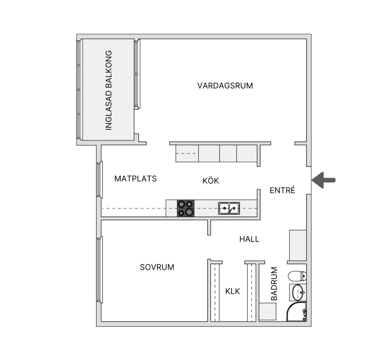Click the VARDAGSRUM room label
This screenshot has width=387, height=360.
pos(225,86)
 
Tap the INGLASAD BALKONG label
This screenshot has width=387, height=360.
pos(109,90)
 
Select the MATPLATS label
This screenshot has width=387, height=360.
pos(135,178)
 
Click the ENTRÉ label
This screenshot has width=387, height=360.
pos(282,190)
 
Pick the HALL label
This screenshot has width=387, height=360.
pos(249,239)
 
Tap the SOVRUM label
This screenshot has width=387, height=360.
pos(157,267)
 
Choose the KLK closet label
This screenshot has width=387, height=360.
pos(232,291)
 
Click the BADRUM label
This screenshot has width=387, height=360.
pos(274,284)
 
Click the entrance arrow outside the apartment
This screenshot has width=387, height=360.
pos(324,180)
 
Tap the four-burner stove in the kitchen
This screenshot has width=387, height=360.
pos(186,208)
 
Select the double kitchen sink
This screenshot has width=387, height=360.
pos(229,208)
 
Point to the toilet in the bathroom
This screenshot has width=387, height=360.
pos(297,276)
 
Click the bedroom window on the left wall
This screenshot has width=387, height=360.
pos(99,270)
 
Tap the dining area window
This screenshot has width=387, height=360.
pos(99,180)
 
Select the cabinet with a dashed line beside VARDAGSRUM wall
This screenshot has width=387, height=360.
pos(187,153)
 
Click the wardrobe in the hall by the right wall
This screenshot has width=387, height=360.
pos(298,245)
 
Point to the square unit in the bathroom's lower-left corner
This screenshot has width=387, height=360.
pos(268,312)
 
